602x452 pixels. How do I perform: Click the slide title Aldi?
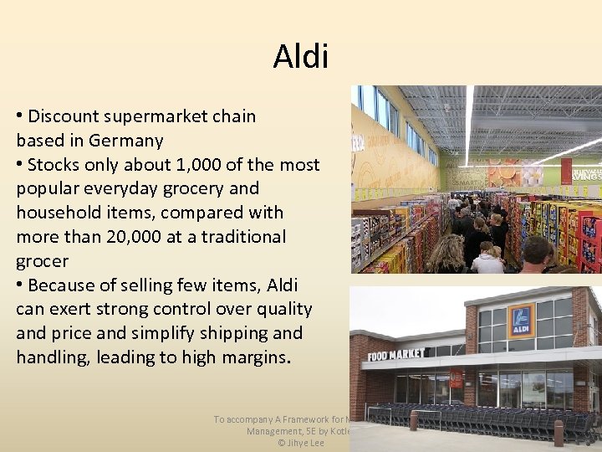click(x=301, y=57)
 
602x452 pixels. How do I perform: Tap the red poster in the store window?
click(x=457, y=378)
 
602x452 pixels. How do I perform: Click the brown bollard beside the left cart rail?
click(x=414, y=419)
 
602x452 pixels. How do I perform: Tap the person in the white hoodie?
click(x=487, y=260)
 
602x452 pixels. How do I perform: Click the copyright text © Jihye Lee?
click(x=301, y=442)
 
